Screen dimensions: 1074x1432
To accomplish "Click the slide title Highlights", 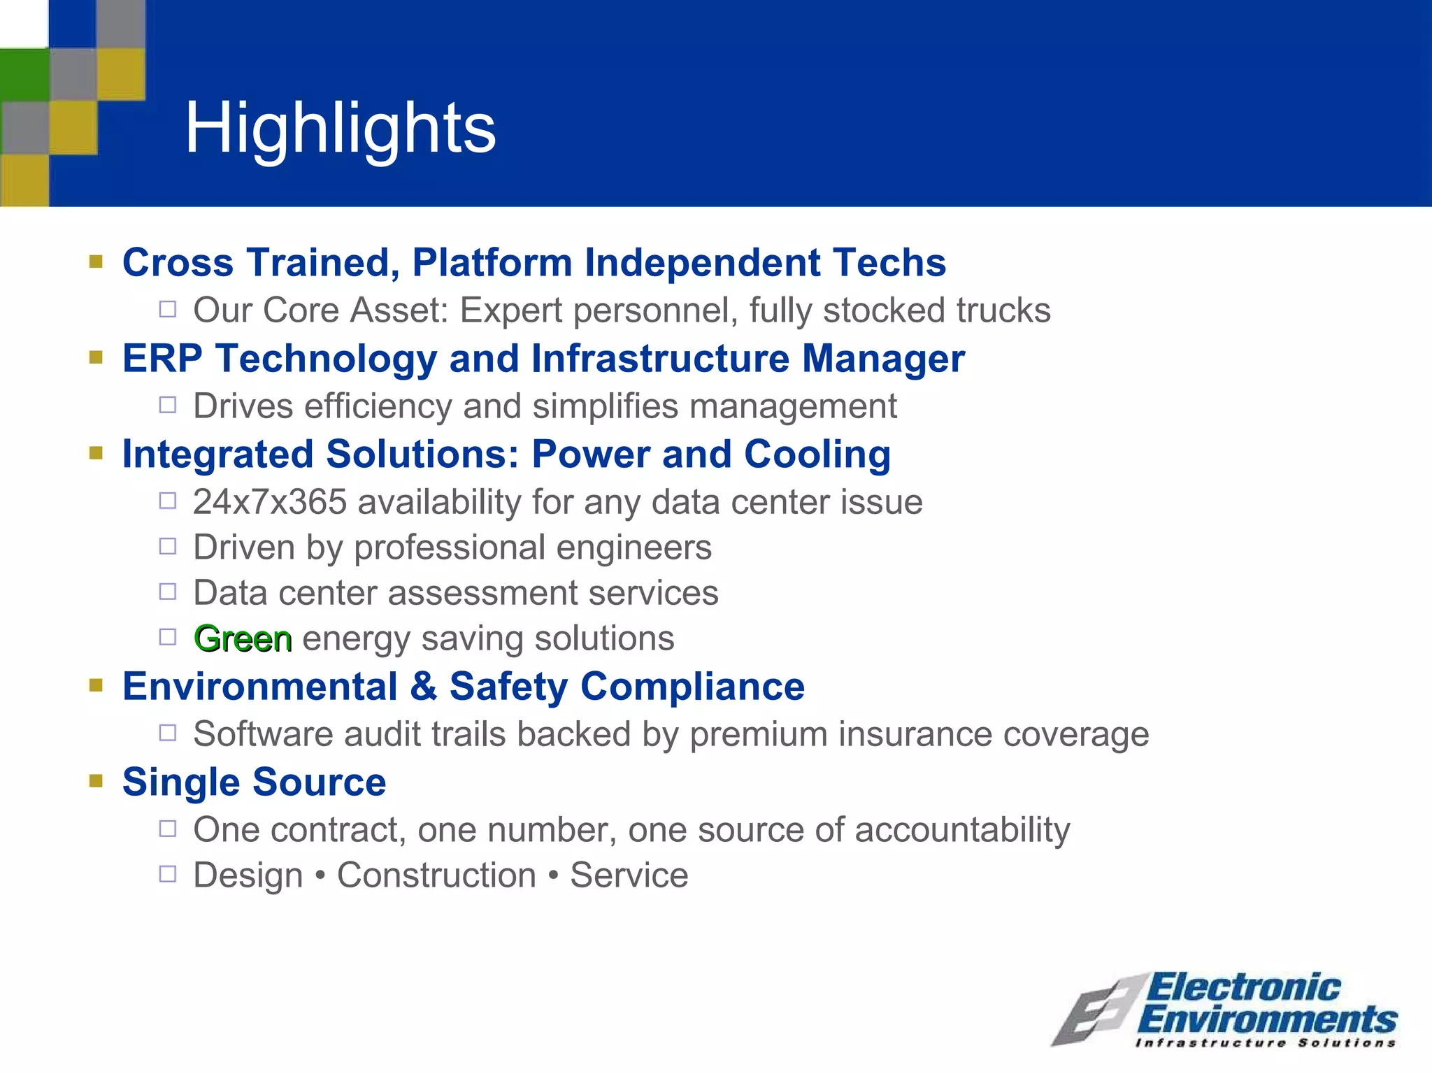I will pos(340,128).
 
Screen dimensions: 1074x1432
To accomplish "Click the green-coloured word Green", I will pos(243,638).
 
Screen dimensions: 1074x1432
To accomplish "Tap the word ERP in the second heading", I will pos(162,359).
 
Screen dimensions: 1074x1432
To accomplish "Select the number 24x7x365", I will pos(270,502).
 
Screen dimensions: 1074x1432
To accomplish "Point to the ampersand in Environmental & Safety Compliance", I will pos(423,687).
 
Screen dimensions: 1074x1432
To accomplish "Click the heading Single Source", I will pos(254,782).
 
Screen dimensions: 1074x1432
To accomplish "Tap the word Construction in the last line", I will pos(436,875).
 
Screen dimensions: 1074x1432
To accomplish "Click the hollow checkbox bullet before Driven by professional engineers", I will pos(168,546).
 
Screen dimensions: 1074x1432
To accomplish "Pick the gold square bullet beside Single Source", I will pos(96,780).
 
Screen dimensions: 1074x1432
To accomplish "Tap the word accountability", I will pos(962,830).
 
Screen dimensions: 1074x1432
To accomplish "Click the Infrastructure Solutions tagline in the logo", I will pos(1266,1043).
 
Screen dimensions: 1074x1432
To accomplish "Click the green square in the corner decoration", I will pos(24,75).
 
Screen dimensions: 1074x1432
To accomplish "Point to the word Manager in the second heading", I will pos(883,359).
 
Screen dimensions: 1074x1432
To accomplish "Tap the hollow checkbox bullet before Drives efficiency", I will pos(168,405).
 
